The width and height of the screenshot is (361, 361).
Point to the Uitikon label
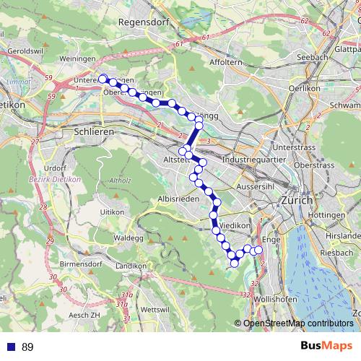pos(112,212)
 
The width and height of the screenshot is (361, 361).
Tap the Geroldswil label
pos(25,52)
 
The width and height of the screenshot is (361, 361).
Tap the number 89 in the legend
pos(27,347)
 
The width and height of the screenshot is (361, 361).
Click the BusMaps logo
pos(326,347)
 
